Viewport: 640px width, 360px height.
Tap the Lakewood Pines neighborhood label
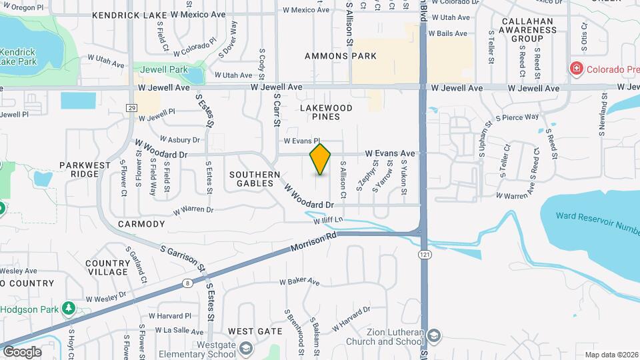click(x=326, y=112)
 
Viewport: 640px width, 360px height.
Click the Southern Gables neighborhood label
click(x=255, y=179)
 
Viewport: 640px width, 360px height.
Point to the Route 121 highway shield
click(x=424, y=255)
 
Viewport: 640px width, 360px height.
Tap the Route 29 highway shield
click(x=131, y=108)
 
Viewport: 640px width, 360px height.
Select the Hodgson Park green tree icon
click(x=67, y=308)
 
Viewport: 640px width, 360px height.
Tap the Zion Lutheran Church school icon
click(x=434, y=335)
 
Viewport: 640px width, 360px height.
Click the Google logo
click(x=22, y=351)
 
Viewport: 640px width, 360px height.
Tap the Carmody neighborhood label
click(x=141, y=224)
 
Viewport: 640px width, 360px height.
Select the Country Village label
click(x=108, y=267)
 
